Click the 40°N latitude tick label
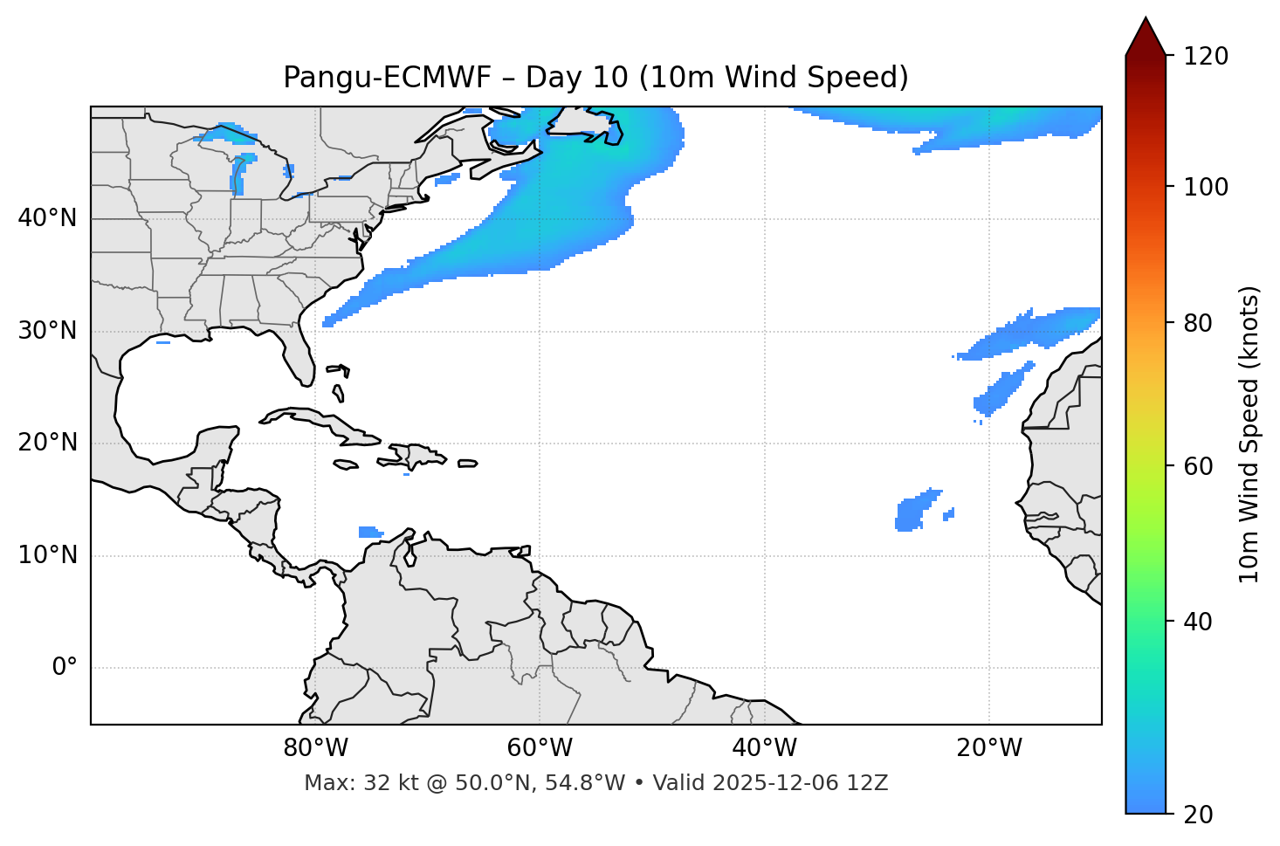pyautogui.click(x=47, y=218)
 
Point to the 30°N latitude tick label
pyautogui.click(x=47, y=331)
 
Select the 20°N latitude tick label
pyautogui.click(x=47, y=443)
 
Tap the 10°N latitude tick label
pyautogui.click(x=47, y=555)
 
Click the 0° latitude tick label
pyautogui.click(x=65, y=668)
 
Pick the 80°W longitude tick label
pyautogui.click(x=315, y=748)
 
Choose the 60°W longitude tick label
pyautogui.click(x=540, y=748)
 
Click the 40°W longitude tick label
pyautogui.click(x=764, y=748)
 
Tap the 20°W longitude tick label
pyautogui.click(x=989, y=748)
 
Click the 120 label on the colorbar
pyautogui.click(x=1205, y=57)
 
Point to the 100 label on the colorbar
pyautogui.click(x=1205, y=187)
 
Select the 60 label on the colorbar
pyautogui.click(x=1199, y=466)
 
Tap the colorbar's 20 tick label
pyautogui.click(x=1199, y=815)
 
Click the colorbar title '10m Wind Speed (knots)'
pyautogui.click(x=1249, y=434)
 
